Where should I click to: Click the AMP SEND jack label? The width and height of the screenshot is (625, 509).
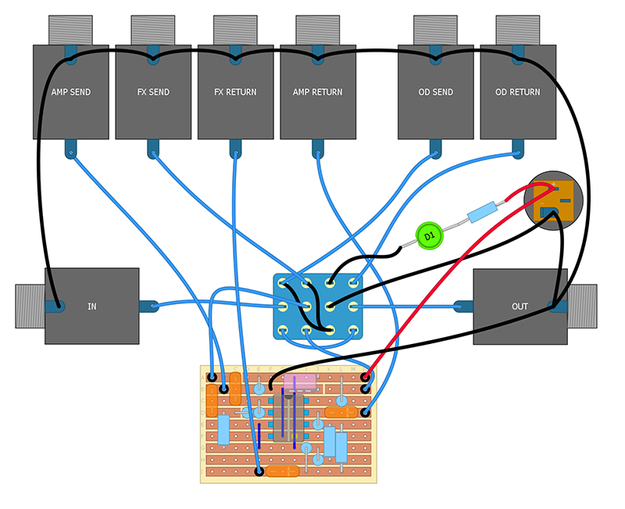[x=70, y=92]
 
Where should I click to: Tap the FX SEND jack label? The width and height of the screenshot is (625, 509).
[x=153, y=92]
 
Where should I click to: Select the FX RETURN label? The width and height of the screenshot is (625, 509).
[x=235, y=92]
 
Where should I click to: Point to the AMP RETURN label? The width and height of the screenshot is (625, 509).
[x=317, y=92]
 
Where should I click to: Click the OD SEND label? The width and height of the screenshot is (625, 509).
[x=435, y=92]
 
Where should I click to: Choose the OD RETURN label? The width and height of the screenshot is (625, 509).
[x=517, y=92]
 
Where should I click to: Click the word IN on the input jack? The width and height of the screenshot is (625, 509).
[x=92, y=306]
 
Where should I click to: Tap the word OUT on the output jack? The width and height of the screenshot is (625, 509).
[x=520, y=306]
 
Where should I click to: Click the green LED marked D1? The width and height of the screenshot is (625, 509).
[x=428, y=235]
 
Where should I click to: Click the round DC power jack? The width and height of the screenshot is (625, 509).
[x=554, y=203]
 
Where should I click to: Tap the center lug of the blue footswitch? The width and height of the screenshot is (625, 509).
[x=307, y=306]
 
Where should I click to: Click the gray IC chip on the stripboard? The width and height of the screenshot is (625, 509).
[x=287, y=418]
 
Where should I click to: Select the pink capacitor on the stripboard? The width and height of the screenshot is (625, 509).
[x=300, y=382]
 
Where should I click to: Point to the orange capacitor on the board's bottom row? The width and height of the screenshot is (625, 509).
[x=282, y=471]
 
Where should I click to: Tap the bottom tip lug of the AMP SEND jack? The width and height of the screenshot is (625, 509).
[x=70, y=147]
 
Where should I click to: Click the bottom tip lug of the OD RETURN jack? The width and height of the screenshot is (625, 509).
[x=517, y=147]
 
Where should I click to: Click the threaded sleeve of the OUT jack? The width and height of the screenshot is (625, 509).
[x=582, y=306]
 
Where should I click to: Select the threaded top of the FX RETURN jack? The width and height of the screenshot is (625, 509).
[x=235, y=30]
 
